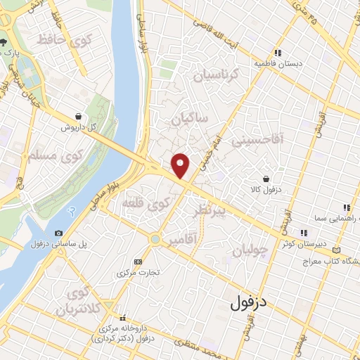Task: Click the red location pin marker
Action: (x=181, y=165)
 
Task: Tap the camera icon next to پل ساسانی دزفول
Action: (x=58, y=233)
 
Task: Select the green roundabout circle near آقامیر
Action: (x=155, y=240)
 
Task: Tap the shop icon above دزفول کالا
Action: (x=266, y=179)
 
